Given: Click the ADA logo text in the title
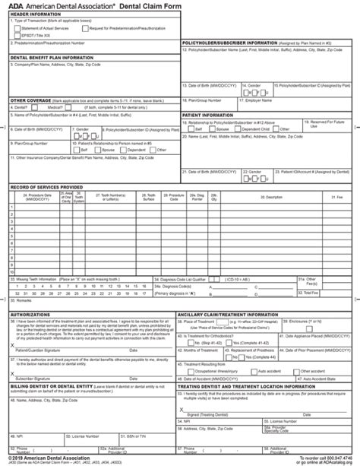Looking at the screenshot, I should (15, 6).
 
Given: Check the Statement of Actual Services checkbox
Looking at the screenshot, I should (17, 27).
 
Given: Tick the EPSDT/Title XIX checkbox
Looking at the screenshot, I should (17, 35).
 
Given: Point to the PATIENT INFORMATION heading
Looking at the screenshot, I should (207, 115).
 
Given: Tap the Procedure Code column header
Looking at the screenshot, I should (176, 197).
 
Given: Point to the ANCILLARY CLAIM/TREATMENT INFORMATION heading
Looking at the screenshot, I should (227, 313).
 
